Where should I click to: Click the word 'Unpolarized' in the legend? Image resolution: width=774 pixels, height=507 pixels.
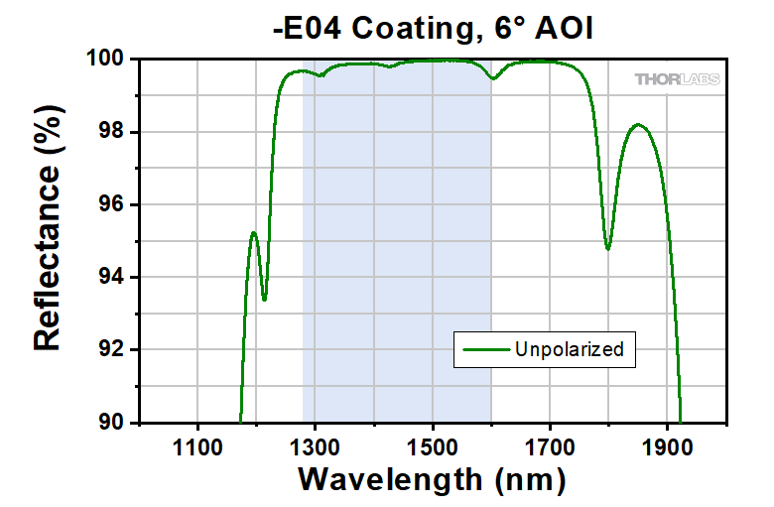click(x=569, y=349)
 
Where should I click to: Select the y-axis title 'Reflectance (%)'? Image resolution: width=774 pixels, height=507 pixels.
click(x=48, y=241)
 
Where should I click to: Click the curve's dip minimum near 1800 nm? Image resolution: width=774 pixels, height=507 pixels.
click(x=607, y=248)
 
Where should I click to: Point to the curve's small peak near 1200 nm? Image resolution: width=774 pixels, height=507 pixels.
click(x=254, y=232)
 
